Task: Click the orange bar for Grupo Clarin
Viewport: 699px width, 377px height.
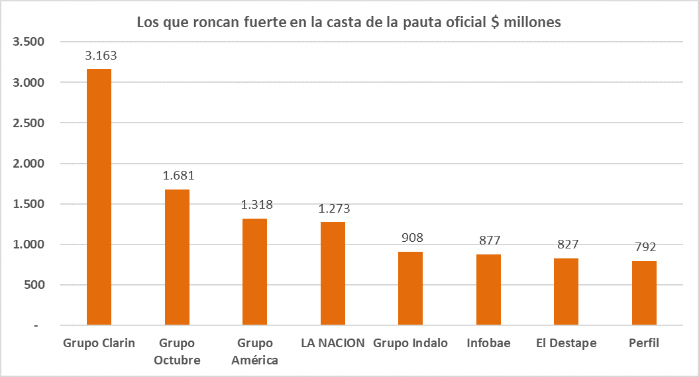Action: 99,197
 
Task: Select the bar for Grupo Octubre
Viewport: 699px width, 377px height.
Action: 177,257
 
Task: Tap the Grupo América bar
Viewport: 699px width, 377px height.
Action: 255,272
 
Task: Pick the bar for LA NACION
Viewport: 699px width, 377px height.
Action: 333,274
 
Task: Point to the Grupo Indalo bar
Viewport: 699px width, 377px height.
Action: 410,288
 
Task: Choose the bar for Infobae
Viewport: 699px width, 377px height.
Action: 488,290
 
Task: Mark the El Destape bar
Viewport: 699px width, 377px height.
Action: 566,292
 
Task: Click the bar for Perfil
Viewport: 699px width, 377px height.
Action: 644,293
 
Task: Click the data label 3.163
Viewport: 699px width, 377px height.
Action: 101,56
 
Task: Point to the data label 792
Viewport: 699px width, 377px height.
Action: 644,248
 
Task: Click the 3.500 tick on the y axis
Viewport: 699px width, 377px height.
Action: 28,42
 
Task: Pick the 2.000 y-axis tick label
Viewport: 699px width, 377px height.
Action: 28,164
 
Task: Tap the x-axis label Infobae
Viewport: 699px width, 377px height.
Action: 488,343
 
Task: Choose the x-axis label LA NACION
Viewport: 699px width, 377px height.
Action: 333,343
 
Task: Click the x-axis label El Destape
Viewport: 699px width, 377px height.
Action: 566,343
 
